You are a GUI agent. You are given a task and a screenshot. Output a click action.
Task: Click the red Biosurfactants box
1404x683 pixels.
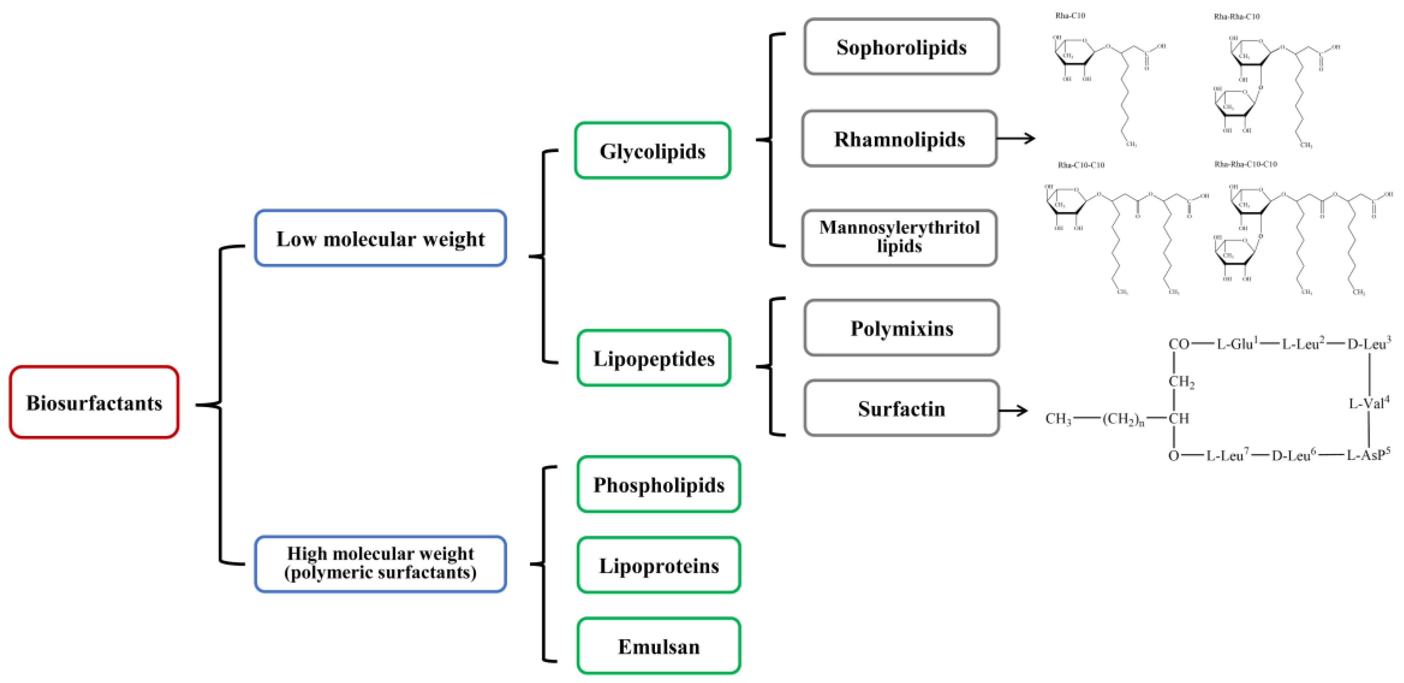point(94,402)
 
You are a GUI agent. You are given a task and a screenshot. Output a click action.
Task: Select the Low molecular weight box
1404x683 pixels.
point(380,238)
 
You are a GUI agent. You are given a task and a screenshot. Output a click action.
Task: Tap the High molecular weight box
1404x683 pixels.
point(380,563)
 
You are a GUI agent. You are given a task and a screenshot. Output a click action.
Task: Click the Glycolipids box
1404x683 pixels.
point(653,151)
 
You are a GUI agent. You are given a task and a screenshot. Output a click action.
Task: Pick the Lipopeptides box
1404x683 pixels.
point(653,358)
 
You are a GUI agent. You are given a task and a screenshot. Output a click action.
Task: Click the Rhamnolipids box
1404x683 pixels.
point(899,139)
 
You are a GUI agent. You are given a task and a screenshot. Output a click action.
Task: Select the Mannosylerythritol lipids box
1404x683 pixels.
point(899,237)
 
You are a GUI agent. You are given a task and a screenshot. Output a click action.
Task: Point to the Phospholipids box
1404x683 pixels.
point(659,484)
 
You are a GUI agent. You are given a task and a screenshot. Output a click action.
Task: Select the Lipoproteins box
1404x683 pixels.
point(659,565)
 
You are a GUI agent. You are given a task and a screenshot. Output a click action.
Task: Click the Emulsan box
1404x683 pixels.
point(659,645)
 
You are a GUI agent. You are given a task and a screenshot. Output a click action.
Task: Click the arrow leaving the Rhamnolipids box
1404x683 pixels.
point(1016,139)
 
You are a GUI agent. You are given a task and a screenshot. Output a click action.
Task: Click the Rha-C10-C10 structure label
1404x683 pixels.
point(1081,165)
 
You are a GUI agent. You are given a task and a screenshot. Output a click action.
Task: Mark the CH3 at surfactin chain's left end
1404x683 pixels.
point(1058,419)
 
